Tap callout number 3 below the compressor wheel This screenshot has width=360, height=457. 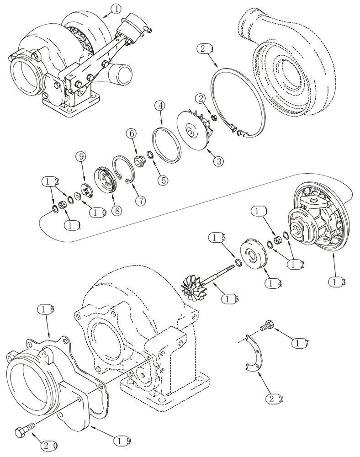(218, 161)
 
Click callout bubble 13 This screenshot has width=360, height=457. (336, 282)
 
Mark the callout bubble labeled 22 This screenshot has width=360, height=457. (274, 399)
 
